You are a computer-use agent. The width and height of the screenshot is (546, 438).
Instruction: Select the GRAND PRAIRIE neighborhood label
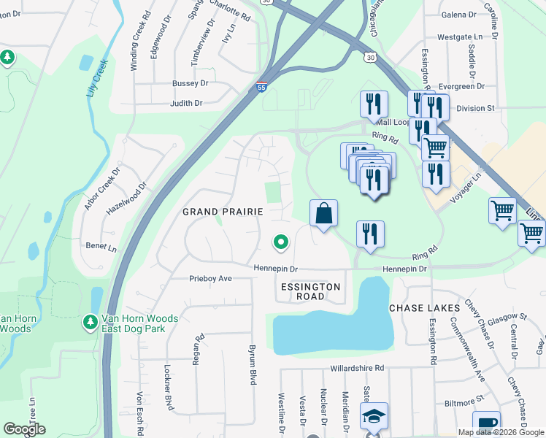[222, 212]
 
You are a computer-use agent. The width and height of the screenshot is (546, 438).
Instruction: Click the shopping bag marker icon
[323, 215]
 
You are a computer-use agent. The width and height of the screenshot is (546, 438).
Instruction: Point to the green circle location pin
[280, 242]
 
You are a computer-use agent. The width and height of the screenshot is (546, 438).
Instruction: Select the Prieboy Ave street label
[210, 278]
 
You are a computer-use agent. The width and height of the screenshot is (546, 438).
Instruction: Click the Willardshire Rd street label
[357, 369]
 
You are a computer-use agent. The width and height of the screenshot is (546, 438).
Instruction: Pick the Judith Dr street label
[186, 104]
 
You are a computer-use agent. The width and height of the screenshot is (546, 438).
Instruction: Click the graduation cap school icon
[375, 417]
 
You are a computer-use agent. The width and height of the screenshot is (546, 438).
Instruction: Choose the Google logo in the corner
[24, 429]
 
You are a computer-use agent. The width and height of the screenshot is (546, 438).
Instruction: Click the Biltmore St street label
[464, 401]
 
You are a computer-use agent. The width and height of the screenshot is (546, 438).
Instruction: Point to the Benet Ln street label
[101, 247]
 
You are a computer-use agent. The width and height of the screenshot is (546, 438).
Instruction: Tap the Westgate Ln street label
[461, 37]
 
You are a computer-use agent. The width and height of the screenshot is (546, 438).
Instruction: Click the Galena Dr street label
[458, 14]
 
